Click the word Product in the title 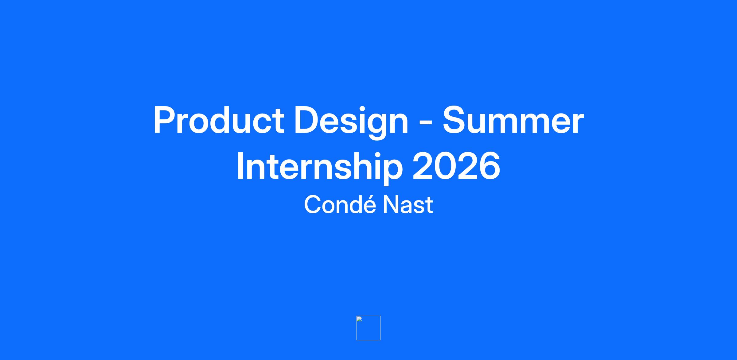219,120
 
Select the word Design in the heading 351,122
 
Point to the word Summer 513,120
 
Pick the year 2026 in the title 457,166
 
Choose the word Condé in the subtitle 340,204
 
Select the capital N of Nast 390,205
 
